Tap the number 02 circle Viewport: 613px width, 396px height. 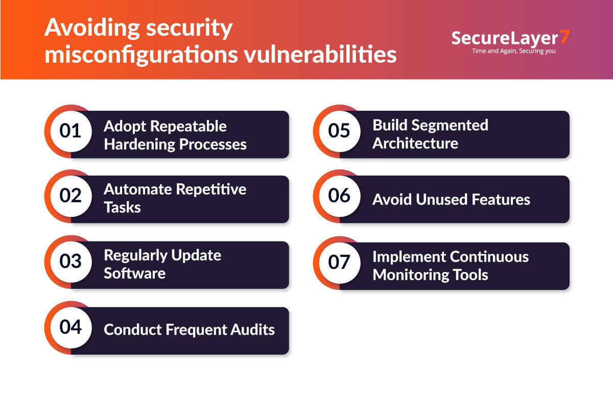click(70, 196)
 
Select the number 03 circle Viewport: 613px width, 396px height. click(70, 262)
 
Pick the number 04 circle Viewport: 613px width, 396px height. click(70, 327)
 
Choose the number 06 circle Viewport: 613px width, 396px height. click(339, 196)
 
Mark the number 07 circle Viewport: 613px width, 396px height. click(339, 263)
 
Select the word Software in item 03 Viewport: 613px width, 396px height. click(134, 273)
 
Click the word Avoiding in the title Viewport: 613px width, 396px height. click(92, 29)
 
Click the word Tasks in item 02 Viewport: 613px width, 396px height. click(122, 207)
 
